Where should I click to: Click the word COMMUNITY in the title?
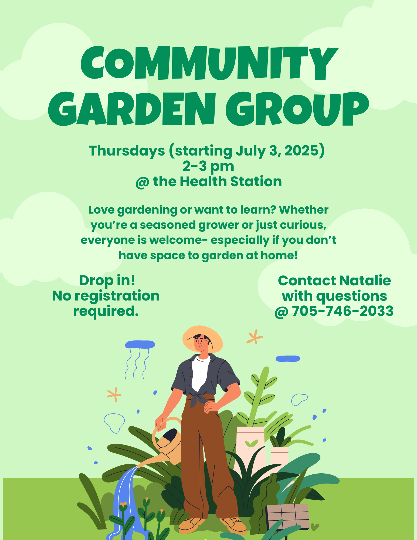coord(209,64)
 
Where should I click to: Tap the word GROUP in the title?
coord(297,109)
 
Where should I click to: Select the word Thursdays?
coord(127,151)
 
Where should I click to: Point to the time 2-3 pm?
coord(208,166)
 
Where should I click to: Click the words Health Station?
coord(231,181)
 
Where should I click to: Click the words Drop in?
coord(107,281)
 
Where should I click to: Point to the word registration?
coord(117,296)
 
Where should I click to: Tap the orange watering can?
coord(162,443)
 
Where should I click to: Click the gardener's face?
coord(200,343)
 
